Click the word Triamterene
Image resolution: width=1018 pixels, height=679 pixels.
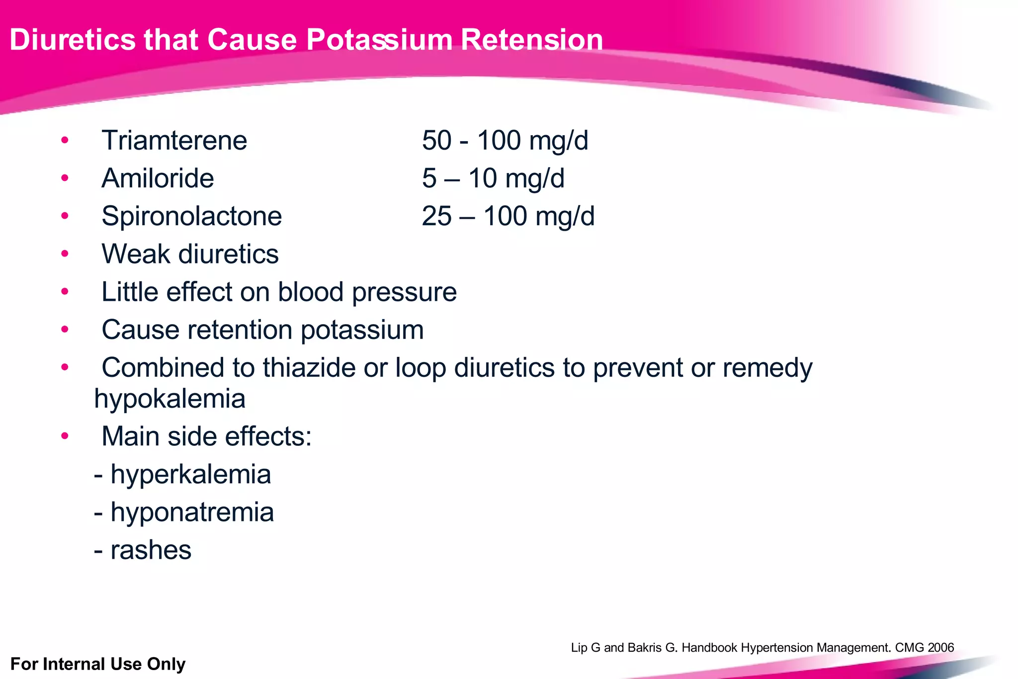(174, 140)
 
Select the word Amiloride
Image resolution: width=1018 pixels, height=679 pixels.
(158, 178)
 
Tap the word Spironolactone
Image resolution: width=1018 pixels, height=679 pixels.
(191, 216)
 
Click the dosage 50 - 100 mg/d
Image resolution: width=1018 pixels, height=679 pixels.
(505, 140)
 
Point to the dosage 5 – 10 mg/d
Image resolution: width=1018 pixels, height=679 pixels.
(493, 178)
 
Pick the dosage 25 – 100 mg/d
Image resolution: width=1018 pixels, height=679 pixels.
(508, 216)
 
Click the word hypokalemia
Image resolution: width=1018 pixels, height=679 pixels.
(170, 399)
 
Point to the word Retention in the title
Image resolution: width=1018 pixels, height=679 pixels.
(531, 40)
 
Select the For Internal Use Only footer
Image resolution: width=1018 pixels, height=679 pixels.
(98, 664)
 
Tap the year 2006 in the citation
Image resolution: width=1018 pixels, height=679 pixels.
(940, 648)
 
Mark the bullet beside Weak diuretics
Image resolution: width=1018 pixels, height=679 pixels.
(65, 254)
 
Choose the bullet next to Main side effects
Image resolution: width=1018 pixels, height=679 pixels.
(65, 436)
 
